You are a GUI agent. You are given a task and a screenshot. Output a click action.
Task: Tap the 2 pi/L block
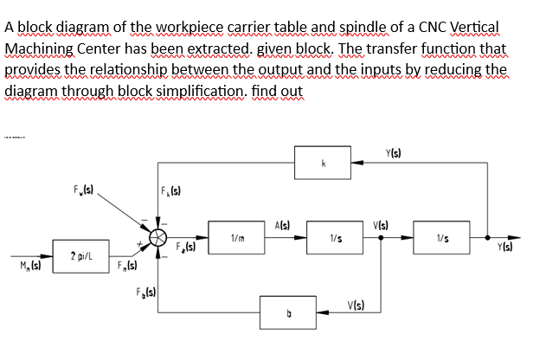pyautogui.click(x=83, y=256)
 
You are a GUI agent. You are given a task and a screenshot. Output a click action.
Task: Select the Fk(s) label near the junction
pyautogui.click(x=171, y=190)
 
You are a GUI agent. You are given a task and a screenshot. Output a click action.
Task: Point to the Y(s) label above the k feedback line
pyautogui.click(x=393, y=155)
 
